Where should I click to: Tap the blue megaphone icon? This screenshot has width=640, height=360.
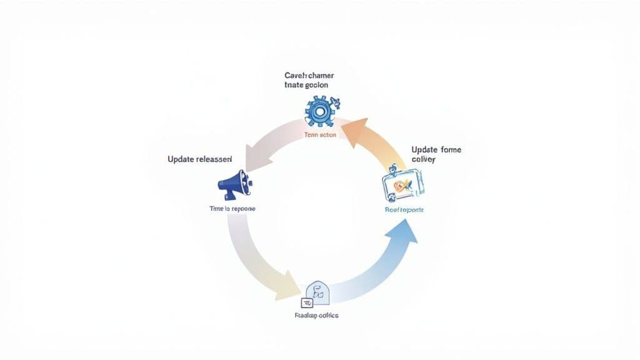(x=234, y=183)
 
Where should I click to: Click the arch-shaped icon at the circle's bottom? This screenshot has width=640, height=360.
(x=317, y=291)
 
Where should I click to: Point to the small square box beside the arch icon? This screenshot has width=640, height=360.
(x=307, y=302)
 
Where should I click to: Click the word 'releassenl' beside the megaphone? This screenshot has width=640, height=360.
(x=214, y=159)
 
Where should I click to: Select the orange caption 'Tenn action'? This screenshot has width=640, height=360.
(x=319, y=135)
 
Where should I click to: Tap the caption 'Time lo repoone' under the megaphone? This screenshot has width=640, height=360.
(x=232, y=207)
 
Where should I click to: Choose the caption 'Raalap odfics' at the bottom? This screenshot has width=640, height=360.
(x=316, y=316)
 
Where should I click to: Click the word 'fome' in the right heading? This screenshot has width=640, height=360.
(x=449, y=150)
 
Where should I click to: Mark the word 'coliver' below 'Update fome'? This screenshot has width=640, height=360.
(x=423, y=160)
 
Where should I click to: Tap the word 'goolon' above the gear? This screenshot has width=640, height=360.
(x=315, y=85)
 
